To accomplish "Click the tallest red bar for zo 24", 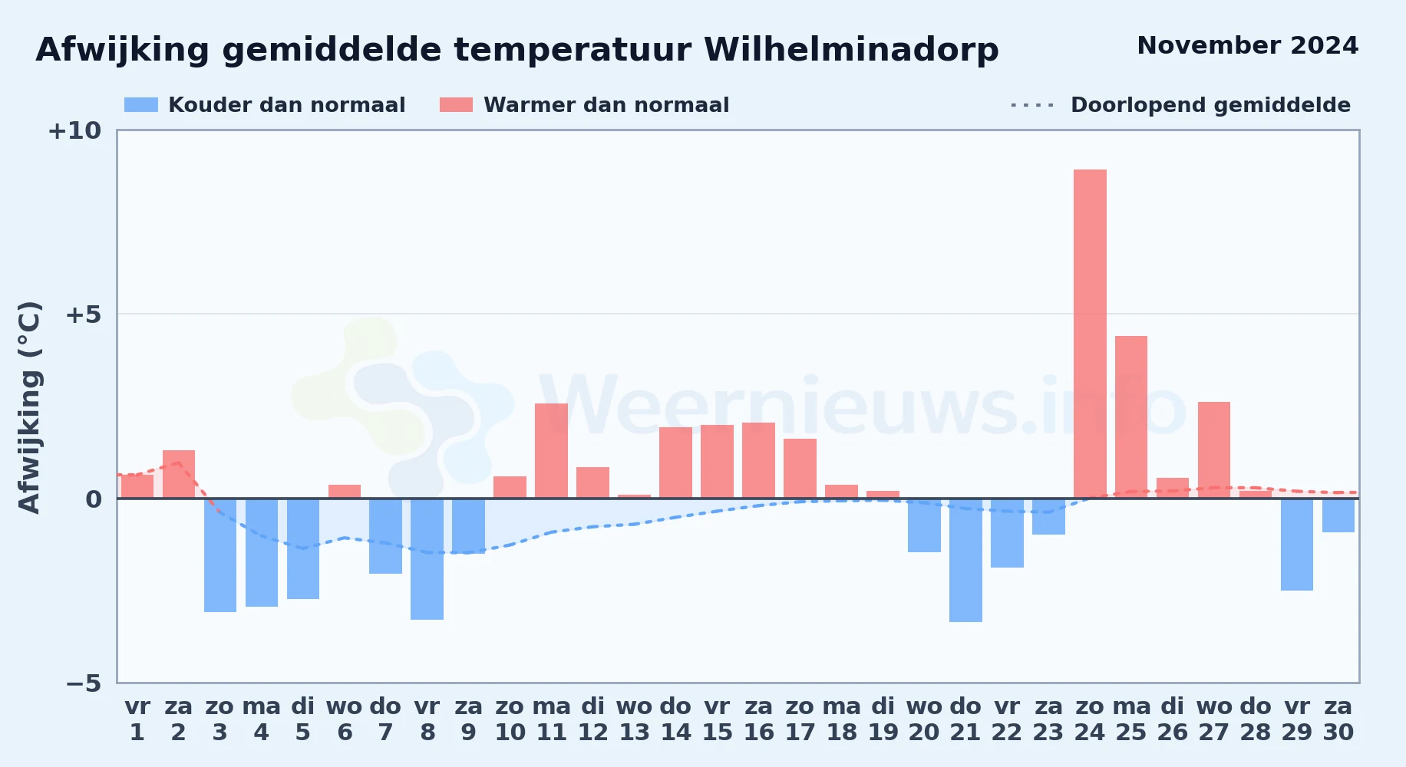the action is (x=1090, y=334).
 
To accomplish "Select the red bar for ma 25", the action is (x=1131, y=417).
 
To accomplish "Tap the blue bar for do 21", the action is (x=965, y=560).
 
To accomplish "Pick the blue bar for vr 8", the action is (x=427, y=559).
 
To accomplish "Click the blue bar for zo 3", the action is (x=220, y=555).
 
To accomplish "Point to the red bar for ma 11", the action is (x=551, y=451).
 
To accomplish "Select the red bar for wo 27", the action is (x=1214, y=450).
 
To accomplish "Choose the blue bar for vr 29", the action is (x=1297, y=545).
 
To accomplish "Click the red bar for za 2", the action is (x=179, y=474).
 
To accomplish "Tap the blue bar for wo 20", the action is (x=924, y=525).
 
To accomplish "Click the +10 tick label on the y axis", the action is (x=74, y=131).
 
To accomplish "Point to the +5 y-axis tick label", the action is (x=83, y=314).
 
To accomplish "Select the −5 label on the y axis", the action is (x=83, y=683).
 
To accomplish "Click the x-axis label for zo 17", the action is (x=800, y=719).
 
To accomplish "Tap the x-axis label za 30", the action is (x=1338, y=719).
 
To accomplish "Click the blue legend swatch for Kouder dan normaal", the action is (x=141, y=105).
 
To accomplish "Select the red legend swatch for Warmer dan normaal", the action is (x=457, y=105).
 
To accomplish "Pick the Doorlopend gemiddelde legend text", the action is (x=1211, y=105).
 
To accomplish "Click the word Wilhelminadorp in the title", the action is (x=851, y=51).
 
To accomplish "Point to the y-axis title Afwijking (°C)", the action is (x=29, y=407).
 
